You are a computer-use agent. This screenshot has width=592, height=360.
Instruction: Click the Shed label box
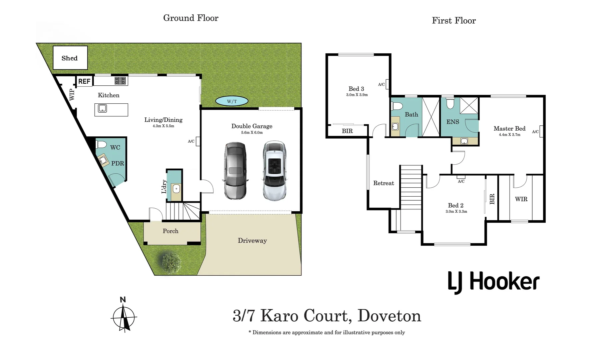pyautogui.click(x=70, y=58)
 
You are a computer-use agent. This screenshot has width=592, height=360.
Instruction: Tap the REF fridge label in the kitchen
pyautogui.click(x=84, y=81)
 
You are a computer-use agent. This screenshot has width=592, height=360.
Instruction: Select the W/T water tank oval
pyautogui.click(x=232, y=101)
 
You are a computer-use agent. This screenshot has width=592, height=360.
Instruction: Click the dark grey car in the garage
pyautogui.click(x=235, y=171)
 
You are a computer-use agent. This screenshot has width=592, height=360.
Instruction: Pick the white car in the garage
pyautogui.click(x=274, y=171)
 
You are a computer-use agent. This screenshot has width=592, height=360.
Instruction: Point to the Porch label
pyautogui.click(x=170, y=231)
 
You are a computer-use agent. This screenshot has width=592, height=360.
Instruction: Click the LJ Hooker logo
pyautogui.click(x=493, y=282)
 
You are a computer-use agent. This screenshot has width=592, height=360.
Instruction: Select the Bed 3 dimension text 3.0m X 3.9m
pyautogui.click(x=357, y=95)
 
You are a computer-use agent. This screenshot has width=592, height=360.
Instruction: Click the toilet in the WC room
pyautogui.click(x=101, y=144)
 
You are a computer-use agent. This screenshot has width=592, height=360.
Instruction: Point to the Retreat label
pyautogui.click(x=384, y=183)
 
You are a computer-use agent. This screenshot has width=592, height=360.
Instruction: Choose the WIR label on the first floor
pyautogui.click(x=521, y=199)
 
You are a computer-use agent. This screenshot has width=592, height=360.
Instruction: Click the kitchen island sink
pyautogui.click(x=102, y=108)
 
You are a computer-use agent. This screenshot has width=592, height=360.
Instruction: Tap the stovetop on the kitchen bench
pyautogui.click(x=120, y=81)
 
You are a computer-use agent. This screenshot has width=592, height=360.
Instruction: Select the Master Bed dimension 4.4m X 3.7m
pyautogui.click(x=509, y=135)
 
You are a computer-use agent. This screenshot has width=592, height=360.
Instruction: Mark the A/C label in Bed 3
pyautogui.click(x=381, y=84)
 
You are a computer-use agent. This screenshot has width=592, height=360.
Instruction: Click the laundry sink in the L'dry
pyautogui.click(x=176, y=189)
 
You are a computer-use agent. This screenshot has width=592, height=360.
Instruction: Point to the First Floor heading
pyautogui.click(x=454, y=21)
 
